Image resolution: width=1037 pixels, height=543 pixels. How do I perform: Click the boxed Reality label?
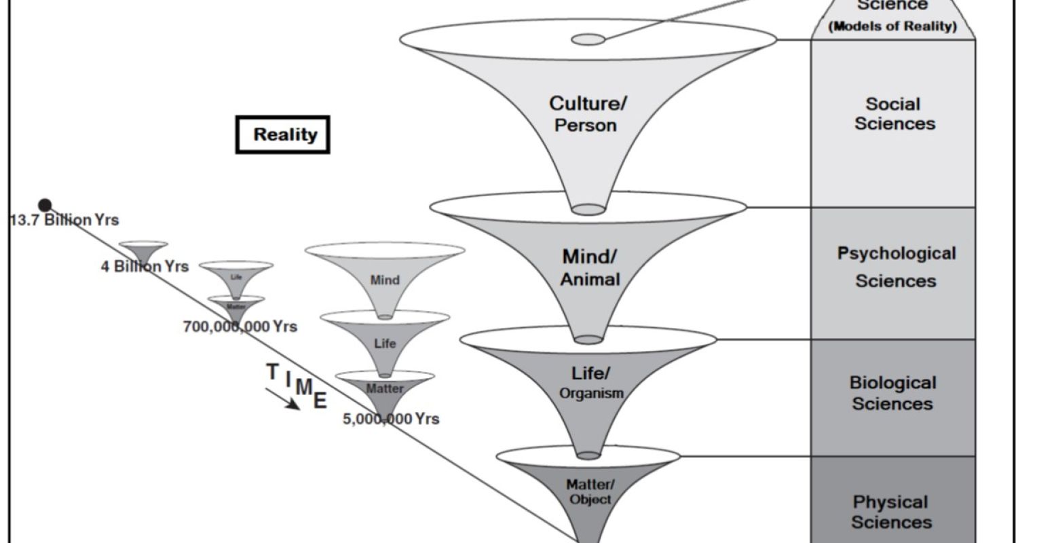[x=283, y=134]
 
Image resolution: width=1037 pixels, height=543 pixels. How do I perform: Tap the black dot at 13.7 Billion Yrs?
[x=45, y=204]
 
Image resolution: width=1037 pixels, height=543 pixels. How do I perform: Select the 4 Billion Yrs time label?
[x=145, y=266]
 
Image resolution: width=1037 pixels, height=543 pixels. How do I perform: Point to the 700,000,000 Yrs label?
[x=240, y=326]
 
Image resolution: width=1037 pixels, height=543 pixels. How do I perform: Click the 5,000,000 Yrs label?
[x=391, y=419]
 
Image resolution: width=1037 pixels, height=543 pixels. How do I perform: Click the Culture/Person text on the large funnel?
[x=588, y=114]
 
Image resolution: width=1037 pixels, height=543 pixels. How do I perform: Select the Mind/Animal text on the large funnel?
[x=589, y=267]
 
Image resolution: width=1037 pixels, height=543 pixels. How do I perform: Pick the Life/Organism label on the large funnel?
[x=590, y=382]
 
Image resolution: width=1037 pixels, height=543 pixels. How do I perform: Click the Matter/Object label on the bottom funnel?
[x=590, y=491]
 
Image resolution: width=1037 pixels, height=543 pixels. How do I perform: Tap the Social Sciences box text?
[x=894, y=114]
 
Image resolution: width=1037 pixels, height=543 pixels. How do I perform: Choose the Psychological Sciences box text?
[x=896, y=267]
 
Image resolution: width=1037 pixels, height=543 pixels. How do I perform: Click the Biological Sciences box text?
[x=892, y=393]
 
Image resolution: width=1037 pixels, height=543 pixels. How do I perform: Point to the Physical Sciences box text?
[x=891, y=512]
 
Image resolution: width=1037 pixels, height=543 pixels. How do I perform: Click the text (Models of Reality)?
[x=892, y=26]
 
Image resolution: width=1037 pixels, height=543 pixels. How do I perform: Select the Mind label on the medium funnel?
[x=385, y=280]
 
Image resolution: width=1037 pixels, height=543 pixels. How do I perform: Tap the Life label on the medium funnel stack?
[x=385, y=343]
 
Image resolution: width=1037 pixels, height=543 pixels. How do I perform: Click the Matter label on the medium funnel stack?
[x=385, y=389]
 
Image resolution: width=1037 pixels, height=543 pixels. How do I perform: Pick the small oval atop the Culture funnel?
[x=588, y=39]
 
